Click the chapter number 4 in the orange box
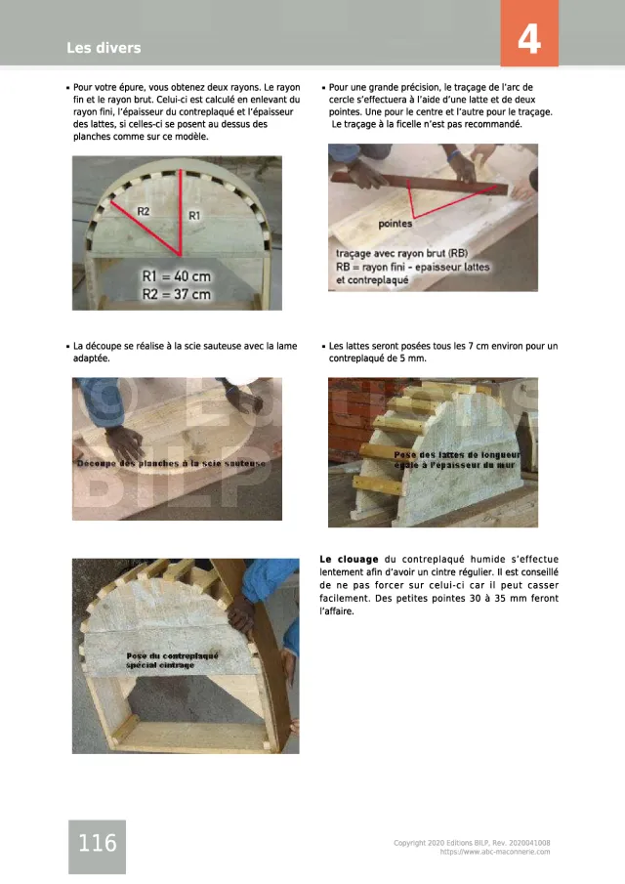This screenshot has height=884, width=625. point(529,39)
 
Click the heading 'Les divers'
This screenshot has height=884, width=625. point(104,48)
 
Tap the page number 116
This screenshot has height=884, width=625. point(98,843)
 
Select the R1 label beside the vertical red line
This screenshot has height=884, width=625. point(194,215)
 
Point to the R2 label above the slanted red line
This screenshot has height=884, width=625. point(144,211)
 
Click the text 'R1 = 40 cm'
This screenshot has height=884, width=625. point(177,276)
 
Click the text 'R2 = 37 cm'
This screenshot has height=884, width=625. point(177,294)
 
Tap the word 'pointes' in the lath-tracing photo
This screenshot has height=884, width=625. point(396,224)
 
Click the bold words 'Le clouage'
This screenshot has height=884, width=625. point(349,560)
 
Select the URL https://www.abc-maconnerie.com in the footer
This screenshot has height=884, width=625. point(495,852)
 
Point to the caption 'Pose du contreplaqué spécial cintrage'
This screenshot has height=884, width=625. point(172,660)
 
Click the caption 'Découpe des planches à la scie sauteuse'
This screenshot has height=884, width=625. point(171,463)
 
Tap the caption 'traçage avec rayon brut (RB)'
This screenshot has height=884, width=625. point(401,254)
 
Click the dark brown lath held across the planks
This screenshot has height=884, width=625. point(421,184)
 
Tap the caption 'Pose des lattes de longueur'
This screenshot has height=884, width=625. point(457,454)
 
